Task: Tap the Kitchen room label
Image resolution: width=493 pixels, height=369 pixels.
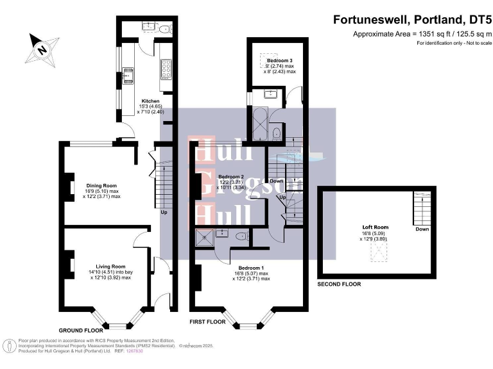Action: pyautogui.click(x=150, y=102)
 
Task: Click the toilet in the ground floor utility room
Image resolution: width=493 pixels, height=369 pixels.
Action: pyautogui.click(x=165, y=28)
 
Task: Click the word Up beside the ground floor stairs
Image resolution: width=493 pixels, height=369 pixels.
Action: pyautogui.click(x=164, y=213)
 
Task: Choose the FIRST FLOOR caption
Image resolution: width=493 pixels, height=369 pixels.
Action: pyautogui.click(x=207, y=322)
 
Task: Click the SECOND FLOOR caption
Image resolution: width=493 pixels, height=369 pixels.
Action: pyautogui.click(x=339, y=284)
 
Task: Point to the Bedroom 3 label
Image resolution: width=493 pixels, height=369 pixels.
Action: pyautogui.click(x=280, y=60)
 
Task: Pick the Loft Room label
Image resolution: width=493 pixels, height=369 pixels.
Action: pyautogui.click(x=376, y=227)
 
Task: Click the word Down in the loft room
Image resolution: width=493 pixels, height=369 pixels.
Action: pyautogui.click(x=422, y=229)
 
